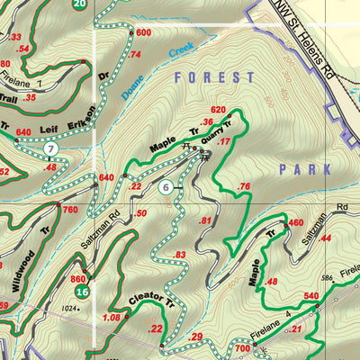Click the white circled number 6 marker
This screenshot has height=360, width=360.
pyautogui.click(x=166, y=188)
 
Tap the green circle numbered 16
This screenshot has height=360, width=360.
pyautogui.click(x=82, y=292)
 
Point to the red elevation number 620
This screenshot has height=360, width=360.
pyautogui.click(x=217, y=110)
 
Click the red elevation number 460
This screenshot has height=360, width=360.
pyautogui.click(x=295, y=223)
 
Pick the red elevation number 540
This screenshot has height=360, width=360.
pyautogui.click(x=312, y=296)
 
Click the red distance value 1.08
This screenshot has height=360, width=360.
pyautogui.click(x=112, y=318)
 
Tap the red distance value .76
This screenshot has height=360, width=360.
pyautogui.click(x=242, y=186)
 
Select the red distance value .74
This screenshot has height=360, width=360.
pyautogui.click(x=135, y=55)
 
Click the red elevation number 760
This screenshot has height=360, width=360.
pyautogui.click(x=70, y=210)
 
